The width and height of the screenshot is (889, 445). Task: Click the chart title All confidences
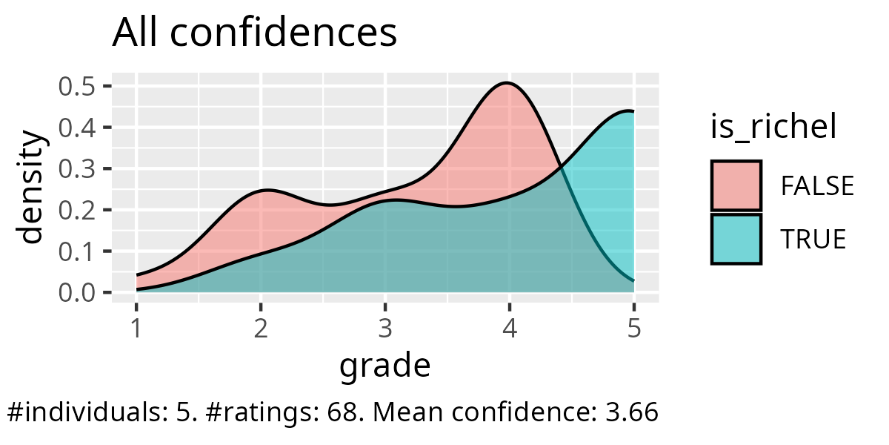pyautogui.click(x=254, y=34)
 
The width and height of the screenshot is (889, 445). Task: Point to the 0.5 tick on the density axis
pyautogui.click(x=76, y=87)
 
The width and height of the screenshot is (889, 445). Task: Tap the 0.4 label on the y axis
pyautogui.click(x=76, y=128)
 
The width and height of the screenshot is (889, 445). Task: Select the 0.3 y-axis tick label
pyautogui.click(x=76, y=169)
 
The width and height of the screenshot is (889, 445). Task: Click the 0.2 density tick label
pyautogui.click(x=76, y=211)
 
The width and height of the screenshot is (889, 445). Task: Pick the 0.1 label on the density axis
pyautogui.click(x=76, y=251)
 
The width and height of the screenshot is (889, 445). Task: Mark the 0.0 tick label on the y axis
pyautogui.click(x=76, y=293)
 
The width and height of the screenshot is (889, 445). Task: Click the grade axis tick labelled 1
pyautogui.click(x=136, y=327)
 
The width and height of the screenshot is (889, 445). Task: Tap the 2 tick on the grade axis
pyautogui.click(x=261, y=327)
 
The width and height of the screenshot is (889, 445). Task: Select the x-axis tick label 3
pyautogui.click(x=385, y=327)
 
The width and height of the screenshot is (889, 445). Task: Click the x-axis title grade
pyautogui.click(x=385, y=366)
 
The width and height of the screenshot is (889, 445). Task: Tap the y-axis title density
pyautogui.click(x=31, y=190)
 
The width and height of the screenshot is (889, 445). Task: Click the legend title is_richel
pyautogui.click(x=773, y=128)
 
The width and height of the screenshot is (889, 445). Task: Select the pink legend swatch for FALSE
pyautogui.click(x=736, y=185)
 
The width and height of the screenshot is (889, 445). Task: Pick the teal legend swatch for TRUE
pyautogui.click(x=736, y=239)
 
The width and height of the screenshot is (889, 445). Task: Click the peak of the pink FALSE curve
pyautogui.click(x=507, y=82)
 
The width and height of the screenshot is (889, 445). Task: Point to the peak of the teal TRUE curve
pyautogui.click(x=628, y=111)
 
